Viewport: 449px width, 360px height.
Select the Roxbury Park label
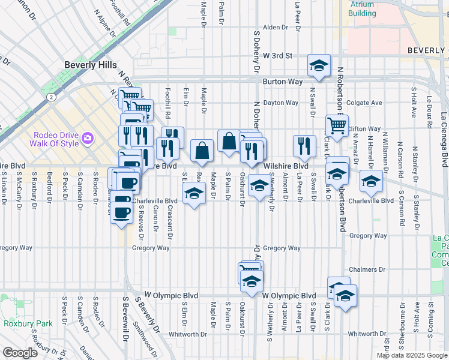pos(26,323)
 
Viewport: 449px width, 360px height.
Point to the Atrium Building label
pos(363,8)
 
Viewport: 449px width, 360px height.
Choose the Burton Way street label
pos(280,81)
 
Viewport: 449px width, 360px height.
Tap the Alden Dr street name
pos(276,28)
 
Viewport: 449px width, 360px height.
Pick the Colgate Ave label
pos(364,103)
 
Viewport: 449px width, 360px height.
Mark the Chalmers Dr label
pos(367,271)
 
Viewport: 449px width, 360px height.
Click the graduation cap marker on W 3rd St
pos(319,65)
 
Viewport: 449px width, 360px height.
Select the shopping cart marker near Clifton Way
pos(337,126)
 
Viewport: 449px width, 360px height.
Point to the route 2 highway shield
pos(53,97)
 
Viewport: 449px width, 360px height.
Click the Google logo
pos(20,353)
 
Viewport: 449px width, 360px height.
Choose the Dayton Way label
pos(280,103)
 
